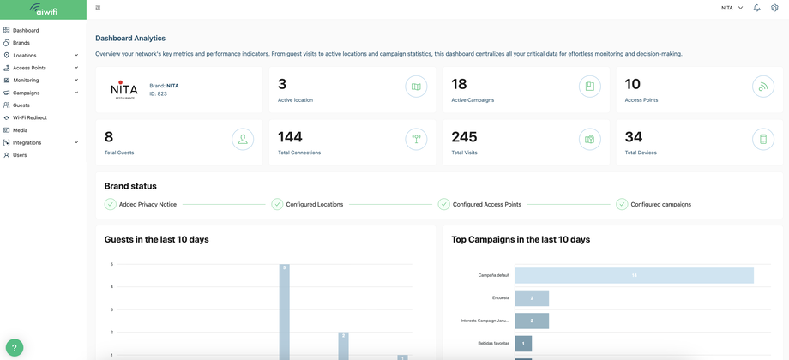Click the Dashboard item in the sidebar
pos(26,30)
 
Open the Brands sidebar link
pos(21,43)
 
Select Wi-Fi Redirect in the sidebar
pos(30,117)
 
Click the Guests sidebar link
pos(21,105)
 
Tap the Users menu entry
pos(20,155)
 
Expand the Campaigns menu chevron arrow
pos(76,93)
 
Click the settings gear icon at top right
pos(774,8)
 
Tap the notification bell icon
pos(756,8)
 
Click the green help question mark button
pos(15,346)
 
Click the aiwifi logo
pos(43,9)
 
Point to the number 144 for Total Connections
pos(290,137)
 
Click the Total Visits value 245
pos(464,137)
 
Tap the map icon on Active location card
pos(416,87)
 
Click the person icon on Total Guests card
pos(243,139)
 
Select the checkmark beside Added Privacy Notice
pos(110,204)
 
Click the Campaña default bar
pos(634,275)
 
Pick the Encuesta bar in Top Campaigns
pos(532,298)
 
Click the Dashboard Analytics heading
pos(130,39)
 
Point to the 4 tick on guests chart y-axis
pos(111,287)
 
